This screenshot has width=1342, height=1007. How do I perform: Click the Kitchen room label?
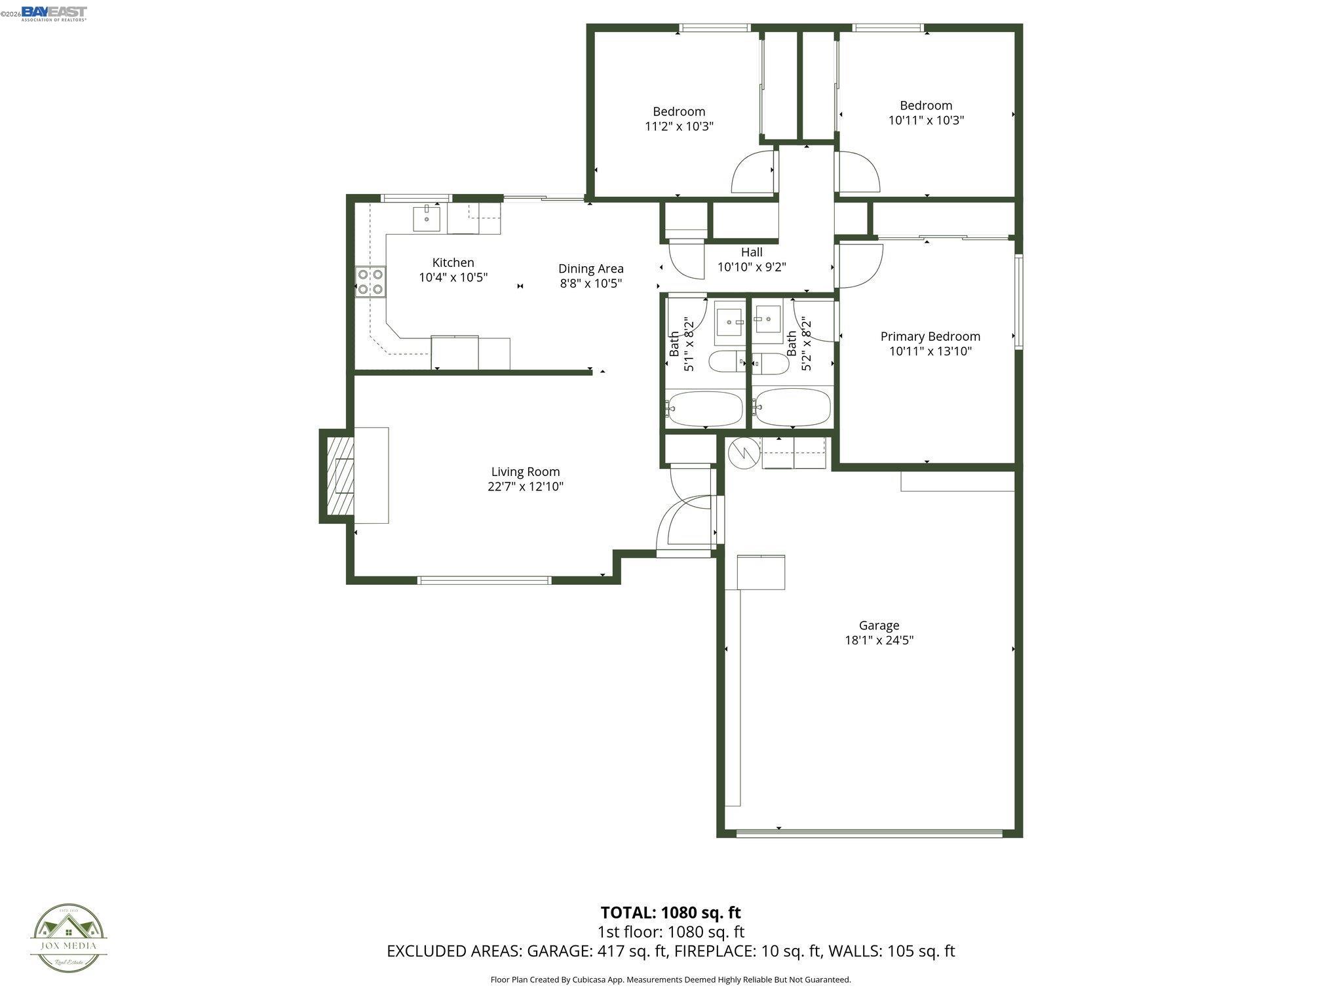453,263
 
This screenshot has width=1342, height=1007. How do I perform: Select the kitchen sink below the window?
427,219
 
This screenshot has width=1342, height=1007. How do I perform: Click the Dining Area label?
590,269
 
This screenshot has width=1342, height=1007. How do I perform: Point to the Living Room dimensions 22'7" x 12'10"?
525,486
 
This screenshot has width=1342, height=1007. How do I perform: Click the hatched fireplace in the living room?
336,476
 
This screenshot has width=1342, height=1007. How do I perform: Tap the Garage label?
879,625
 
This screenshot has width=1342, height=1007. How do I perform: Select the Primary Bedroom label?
930,336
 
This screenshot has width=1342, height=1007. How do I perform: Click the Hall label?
752,252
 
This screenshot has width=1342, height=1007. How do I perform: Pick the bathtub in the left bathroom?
705,408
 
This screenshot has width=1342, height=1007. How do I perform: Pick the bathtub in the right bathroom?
792,408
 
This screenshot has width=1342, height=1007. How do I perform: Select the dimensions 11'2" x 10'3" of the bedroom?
679,127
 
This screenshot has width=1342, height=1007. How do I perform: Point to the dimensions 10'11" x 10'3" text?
926,121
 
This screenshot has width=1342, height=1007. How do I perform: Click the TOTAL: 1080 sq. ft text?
670,913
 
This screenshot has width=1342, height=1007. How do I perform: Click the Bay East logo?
54,13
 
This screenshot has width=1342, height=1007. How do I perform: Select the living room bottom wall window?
484,580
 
